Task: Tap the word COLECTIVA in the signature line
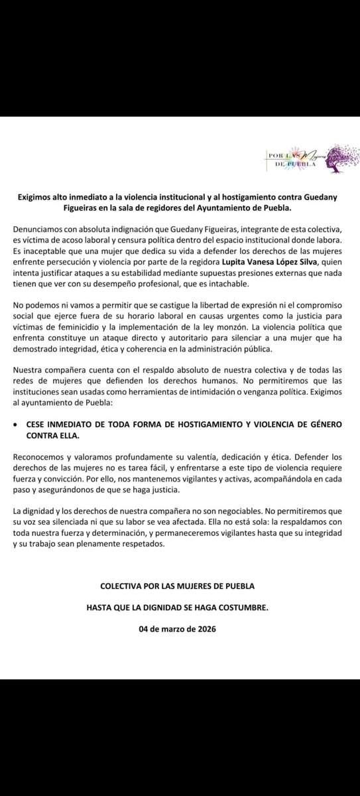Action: pos(126,588)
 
